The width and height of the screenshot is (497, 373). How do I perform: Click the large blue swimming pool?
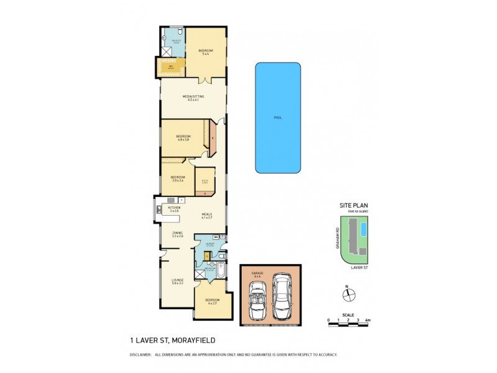pyautogui.click(x=278, y=117)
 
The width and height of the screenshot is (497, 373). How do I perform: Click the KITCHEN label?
pyautogui.click(x=174, y=208)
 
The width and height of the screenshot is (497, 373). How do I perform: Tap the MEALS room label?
pyautogui.click(x=207, y=215)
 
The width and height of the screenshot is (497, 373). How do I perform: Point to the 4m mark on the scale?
pyautogui.click(x=368, y=320)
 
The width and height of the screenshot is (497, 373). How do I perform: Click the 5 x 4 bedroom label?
pyautogui.click(x=206, y=52)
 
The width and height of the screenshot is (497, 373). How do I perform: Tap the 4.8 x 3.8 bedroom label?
pyautogui.click(x=183, y=137)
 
